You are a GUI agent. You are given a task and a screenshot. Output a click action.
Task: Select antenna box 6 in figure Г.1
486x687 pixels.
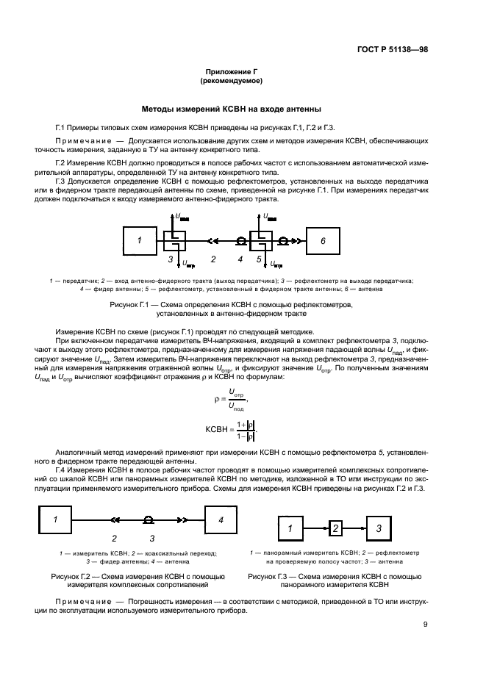click(x=321, y=240)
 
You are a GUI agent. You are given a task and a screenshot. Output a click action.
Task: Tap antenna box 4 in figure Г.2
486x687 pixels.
click(x=219, y=520)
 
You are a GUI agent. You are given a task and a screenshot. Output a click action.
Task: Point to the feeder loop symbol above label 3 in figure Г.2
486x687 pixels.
click(x=149, y=520)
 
